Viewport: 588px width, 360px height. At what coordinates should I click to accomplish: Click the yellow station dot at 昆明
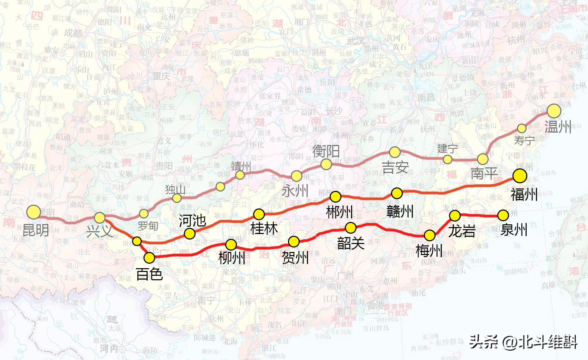(34, 212)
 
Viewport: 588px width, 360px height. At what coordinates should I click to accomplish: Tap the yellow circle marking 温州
(554, 111)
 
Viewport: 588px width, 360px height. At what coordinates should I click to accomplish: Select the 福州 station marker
(520, 176)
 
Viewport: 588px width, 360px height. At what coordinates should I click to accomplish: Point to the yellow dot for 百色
(149, 257)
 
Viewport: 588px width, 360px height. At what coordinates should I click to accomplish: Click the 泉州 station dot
(503, 215)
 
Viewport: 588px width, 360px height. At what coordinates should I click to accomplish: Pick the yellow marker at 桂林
(259, 214)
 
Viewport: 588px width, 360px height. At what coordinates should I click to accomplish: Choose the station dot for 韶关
(350, 227)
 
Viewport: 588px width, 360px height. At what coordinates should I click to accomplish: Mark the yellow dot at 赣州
(397, 193)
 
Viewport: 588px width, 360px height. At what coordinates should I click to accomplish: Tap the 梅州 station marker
(430, 235)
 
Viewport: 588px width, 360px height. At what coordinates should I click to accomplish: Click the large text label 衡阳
(326, 151)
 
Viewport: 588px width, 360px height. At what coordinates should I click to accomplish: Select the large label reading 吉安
(395, 168)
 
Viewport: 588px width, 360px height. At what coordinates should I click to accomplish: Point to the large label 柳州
(232, 257)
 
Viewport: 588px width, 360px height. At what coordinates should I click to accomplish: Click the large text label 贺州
(295, 257)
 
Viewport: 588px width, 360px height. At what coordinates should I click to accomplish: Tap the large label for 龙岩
(462, 231)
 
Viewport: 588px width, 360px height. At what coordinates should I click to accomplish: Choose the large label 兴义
(99, 231)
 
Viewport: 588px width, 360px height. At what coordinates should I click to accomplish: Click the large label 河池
(192, 221)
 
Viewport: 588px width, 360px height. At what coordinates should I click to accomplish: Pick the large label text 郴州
(339, 212)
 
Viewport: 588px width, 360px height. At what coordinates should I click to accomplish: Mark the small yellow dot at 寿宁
(522, 128)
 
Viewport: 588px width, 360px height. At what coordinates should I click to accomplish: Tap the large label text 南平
(484, 174)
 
